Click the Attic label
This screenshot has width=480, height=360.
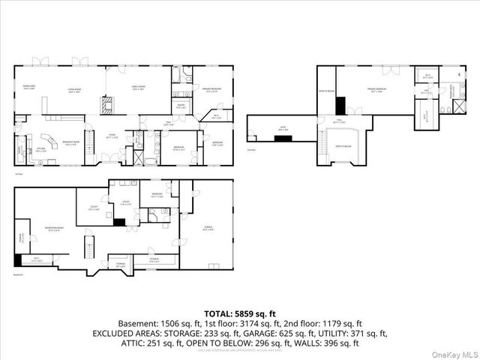point(283,127)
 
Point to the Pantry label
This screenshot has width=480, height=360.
point(181,106)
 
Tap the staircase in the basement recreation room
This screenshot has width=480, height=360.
point(88,245)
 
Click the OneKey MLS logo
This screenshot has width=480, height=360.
point(456,352)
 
